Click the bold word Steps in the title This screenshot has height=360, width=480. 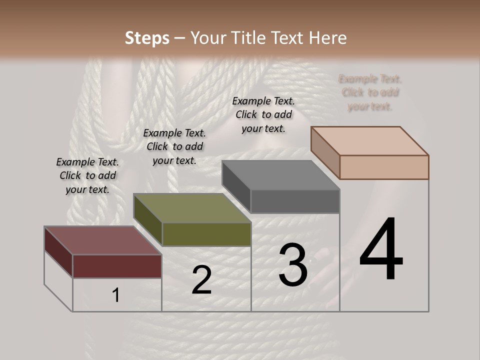147,38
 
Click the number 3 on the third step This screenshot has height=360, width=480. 293,265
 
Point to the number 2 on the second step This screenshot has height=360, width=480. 201,280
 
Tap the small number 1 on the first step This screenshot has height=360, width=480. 115,295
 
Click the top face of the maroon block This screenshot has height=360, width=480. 103,240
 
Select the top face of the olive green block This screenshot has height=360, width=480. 192,208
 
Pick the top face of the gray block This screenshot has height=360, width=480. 280,175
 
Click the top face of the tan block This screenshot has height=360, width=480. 369,141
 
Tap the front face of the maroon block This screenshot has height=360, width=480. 117,266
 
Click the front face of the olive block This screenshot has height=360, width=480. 206,234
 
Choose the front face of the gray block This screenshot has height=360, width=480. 295,201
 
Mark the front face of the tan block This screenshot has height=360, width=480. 384,167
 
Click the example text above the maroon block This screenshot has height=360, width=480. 87,175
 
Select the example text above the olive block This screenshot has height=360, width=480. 174,146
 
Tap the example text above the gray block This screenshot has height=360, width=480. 263,114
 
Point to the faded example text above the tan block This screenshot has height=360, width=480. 370,92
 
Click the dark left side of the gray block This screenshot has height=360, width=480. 236,185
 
